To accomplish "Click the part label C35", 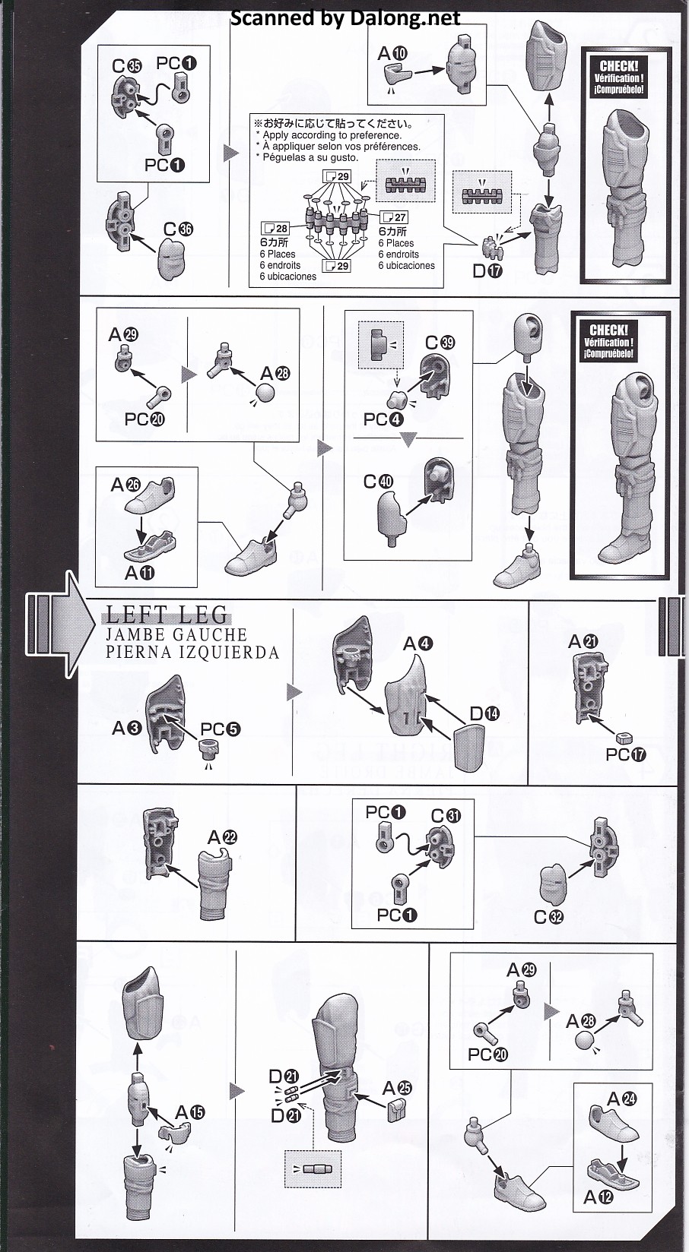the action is coord(127,66).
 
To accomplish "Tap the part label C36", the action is coord(178,229).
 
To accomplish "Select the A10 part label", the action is coord(393,54).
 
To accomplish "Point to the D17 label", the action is coord(488,271).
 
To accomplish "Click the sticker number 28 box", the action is coord(275,228).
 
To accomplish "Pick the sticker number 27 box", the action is coord(394,217).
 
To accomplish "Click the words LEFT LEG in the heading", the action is coord(167,615).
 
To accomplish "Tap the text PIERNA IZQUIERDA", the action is coord(192,653).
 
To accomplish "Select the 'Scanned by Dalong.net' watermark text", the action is coord(345,18).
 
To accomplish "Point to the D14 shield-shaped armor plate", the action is coord(469,748).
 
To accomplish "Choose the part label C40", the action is coord(379,481).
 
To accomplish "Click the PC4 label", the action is coord(383,419).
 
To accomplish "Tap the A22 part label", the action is coord(222,837).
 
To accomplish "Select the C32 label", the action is coord(548,917).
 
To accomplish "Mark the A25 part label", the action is coord(397,1088).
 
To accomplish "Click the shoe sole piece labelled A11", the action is coord(150,547).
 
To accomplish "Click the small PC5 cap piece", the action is coord(209,748).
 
